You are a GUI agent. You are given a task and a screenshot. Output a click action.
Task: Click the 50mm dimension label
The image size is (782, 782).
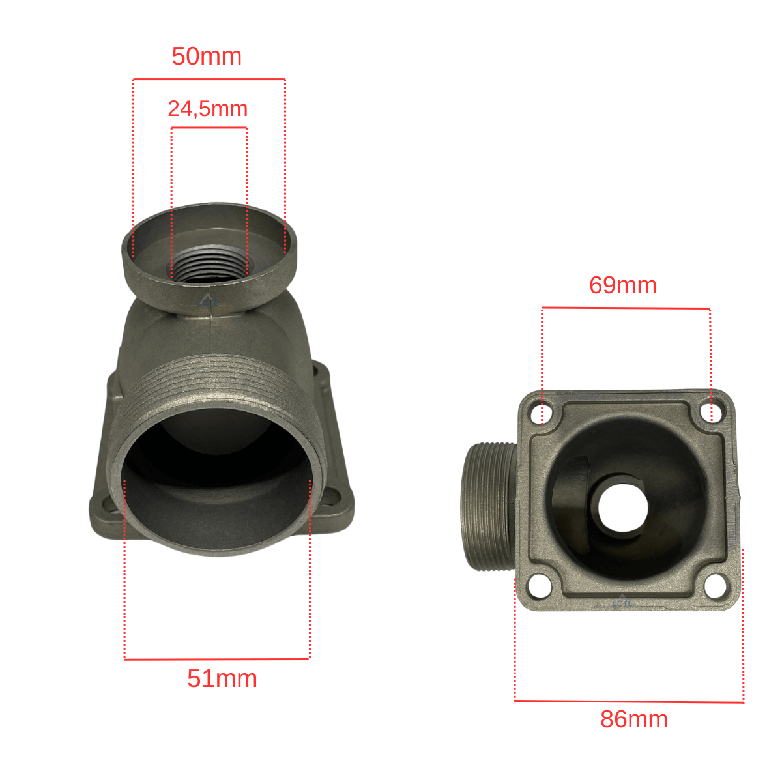point(207,56)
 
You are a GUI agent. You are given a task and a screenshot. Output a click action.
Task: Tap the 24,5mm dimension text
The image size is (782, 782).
point(208,109)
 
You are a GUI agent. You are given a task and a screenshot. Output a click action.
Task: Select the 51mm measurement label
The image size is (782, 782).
point(222,678)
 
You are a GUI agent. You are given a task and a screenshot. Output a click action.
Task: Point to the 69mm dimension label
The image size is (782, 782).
point(623,285)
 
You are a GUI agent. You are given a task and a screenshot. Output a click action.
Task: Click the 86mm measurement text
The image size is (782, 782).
point(634,731)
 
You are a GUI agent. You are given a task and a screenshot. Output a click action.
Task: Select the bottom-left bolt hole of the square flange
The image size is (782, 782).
point(540,586)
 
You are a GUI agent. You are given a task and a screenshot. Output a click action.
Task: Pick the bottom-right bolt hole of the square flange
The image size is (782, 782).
point(716,586)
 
